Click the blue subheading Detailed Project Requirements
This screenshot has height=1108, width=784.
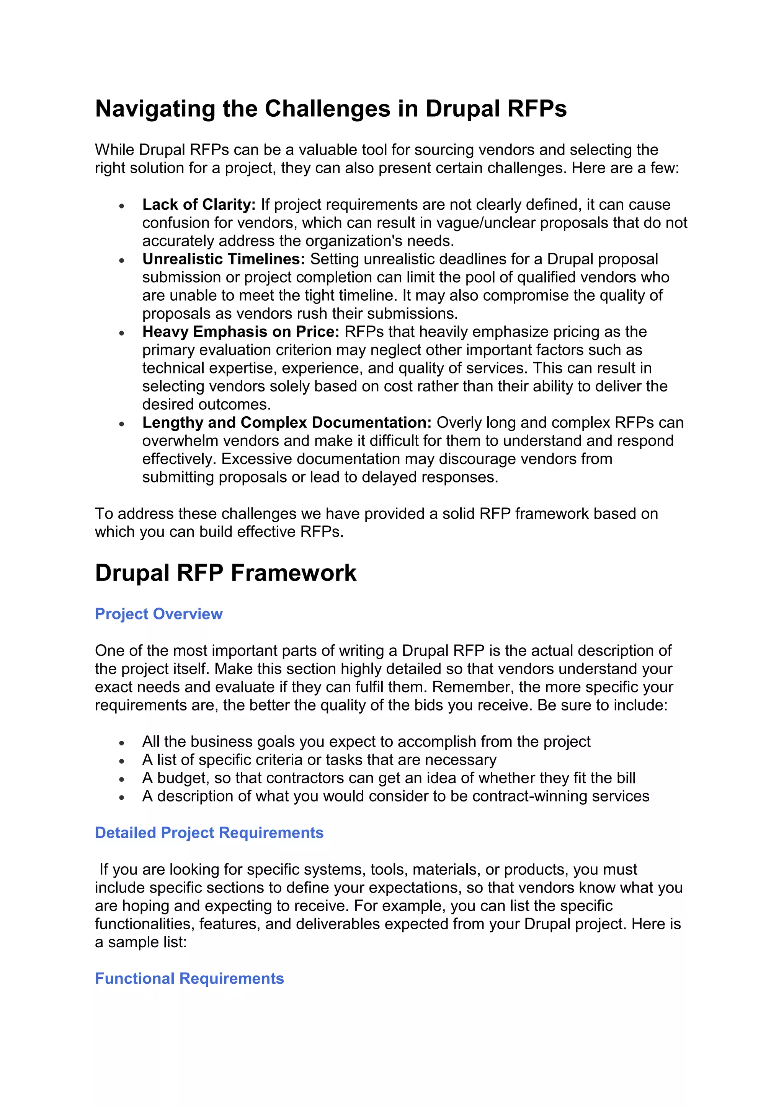209,833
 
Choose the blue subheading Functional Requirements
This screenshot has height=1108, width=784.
189,978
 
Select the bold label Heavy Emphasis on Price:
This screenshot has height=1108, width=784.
241,332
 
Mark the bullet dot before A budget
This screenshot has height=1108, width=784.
122,779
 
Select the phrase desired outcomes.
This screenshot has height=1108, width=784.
207,404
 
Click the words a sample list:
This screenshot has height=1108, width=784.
140,942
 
